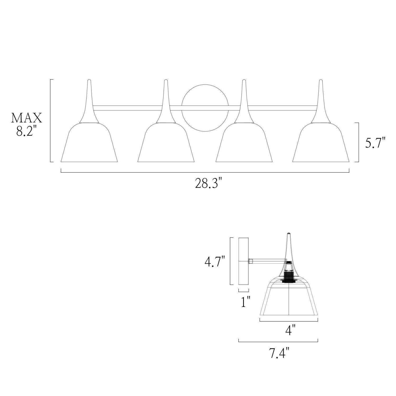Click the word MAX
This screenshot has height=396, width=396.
point(26,118)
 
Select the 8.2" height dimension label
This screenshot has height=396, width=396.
point(26,131)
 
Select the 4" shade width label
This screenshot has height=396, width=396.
point(290,330)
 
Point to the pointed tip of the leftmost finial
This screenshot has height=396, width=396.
point(89,81)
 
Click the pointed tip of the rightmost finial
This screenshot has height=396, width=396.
point(321,81)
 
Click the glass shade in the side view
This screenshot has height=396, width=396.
point(289,301)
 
